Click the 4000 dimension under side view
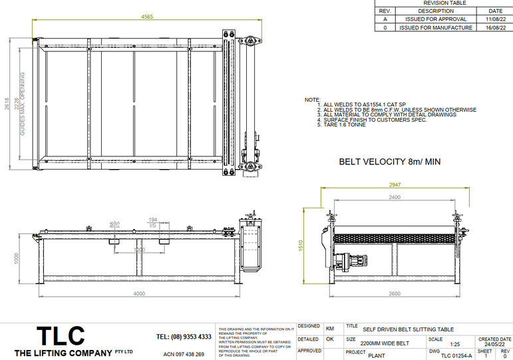[x=138, y=293]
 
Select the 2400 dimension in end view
[x=395, y=198]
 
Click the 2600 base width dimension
[x=394, y=293]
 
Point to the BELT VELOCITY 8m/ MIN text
[x=389, y=162]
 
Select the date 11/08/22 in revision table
[x=495, y=19]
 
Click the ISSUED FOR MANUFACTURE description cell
[x=436, y=28]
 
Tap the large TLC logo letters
[x=61, y=335]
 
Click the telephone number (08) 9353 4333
[x=184, y=337]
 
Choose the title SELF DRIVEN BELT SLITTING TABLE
[x=408, y=329]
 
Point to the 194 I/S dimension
[x=153, y=220]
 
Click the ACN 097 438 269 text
[x=184, y=354]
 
